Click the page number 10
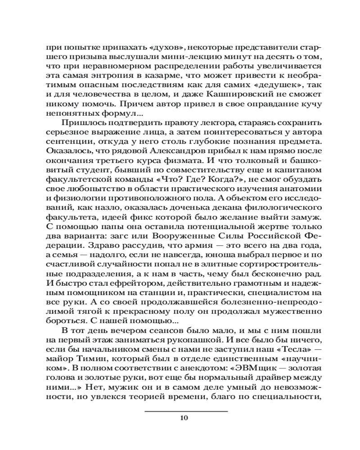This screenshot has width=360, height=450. click(x=183, y=418)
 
